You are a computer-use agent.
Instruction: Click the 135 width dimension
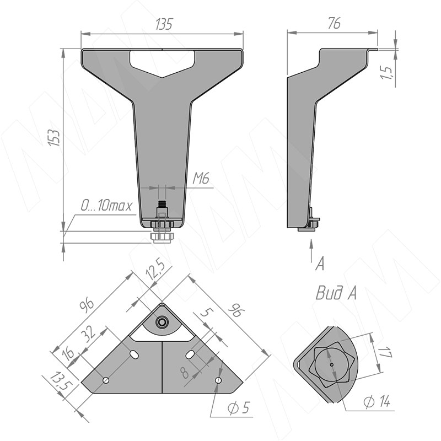(164, 24)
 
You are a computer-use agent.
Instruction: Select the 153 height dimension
(54, 137)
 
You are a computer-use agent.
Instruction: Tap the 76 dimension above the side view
(334, 23)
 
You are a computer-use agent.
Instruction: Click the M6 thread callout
(201, 178)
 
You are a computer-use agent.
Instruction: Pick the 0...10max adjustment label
(106, 206)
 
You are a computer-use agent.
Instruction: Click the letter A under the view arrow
(320, 264)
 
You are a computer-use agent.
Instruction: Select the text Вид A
(336, 293)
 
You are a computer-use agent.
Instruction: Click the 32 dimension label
(90, 335)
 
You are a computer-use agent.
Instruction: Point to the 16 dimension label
(68, 353)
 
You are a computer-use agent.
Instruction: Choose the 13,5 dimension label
(61, 381)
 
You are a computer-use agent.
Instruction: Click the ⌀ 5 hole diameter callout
(239, 407)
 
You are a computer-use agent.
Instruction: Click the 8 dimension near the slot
(185, 373)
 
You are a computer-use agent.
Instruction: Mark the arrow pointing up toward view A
(311, 251)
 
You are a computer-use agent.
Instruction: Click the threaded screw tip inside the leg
(162, 203)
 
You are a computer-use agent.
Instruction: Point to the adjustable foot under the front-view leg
(162, 237)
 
